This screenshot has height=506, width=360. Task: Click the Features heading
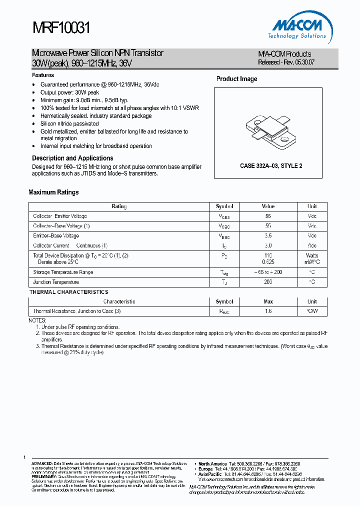click(x=43, y=75)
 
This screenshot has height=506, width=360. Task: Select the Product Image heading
click(x=236, y=79)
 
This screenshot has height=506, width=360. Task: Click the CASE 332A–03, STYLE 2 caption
click(x=271, y=166)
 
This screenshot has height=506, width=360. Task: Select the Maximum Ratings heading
click(x=53, y=192)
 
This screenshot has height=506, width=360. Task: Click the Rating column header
click(x=119, y=206)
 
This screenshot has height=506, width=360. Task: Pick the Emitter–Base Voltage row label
click(x=56, y=235)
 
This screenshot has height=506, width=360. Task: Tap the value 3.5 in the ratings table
click(x=268, y=235)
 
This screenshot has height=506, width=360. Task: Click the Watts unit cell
click(x=312, y=255)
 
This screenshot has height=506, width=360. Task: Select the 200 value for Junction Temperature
click(x=268, y=282)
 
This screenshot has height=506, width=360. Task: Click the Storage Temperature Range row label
click(x=63, y=272)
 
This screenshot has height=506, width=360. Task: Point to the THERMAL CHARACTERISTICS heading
click(x=68, y=292)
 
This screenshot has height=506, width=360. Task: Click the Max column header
click(x=268, y=302)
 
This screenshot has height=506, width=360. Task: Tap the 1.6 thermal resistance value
click(x=268, y=311)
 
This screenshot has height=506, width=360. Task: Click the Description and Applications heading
click(x=72, y=158)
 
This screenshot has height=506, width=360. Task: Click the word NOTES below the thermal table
click(x=37, y=320)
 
